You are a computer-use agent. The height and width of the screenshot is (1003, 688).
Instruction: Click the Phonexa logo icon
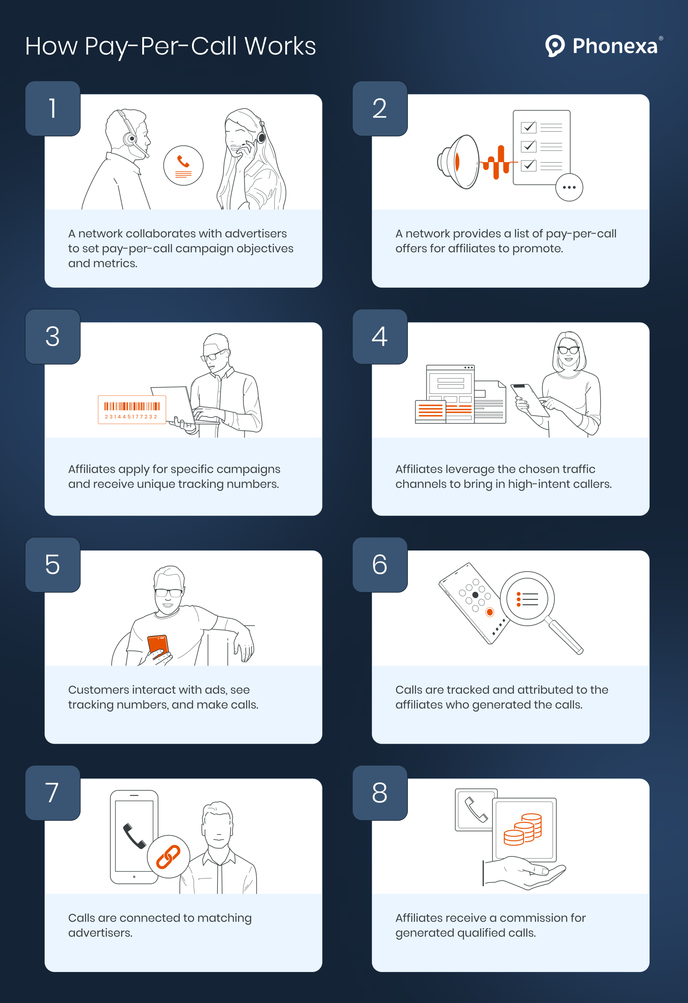coord(555,45)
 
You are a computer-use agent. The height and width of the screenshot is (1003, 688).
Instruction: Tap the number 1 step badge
coord(53,108)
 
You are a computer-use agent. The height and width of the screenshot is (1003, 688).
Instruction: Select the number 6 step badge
coord(380,565)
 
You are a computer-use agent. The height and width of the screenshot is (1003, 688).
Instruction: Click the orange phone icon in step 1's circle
coord(183,162)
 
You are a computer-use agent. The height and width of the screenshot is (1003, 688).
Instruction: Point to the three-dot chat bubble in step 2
coord(569,187)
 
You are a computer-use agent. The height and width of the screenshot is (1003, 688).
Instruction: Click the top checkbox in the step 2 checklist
coord(528,127)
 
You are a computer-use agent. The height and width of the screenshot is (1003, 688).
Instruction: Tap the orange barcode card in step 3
coord(132,409)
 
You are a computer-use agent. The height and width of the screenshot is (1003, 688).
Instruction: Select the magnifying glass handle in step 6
coord(564,636)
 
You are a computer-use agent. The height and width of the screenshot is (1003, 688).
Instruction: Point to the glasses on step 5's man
coord(168,592)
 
